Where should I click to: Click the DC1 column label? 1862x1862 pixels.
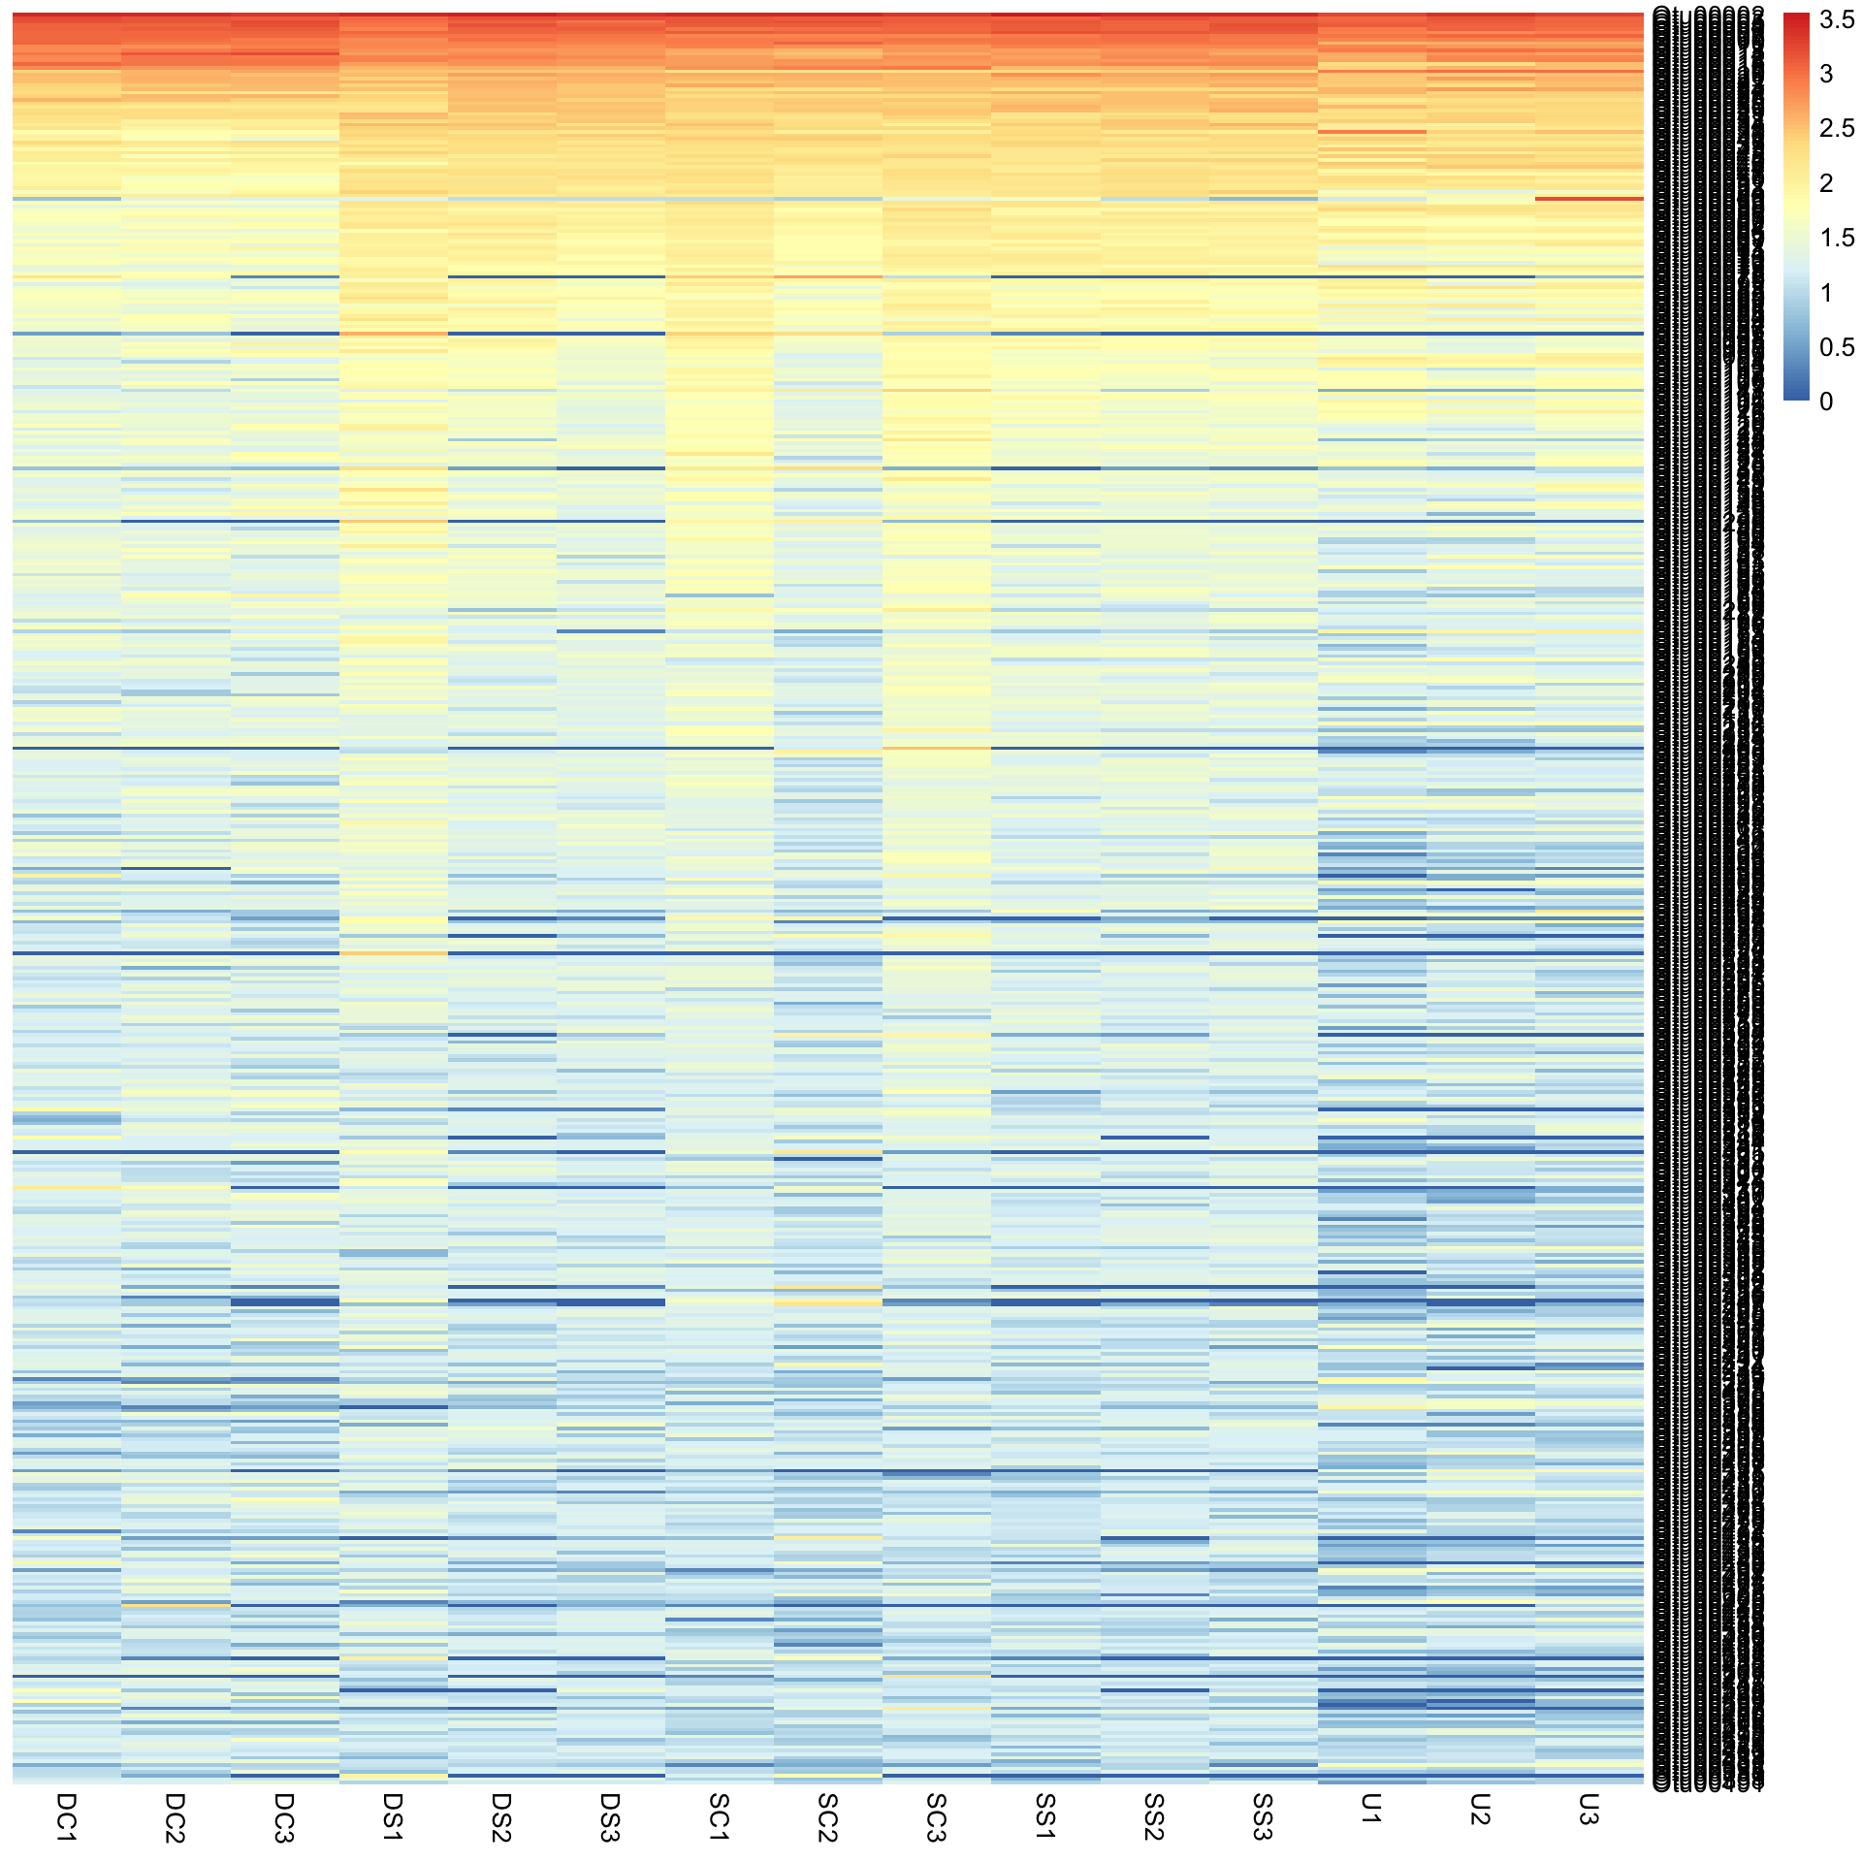click(66, 1816)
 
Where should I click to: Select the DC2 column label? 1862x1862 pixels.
click(175, 1816)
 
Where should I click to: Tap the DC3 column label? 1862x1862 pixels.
click(283, 1816)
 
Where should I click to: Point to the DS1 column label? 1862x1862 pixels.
click(392, 1816)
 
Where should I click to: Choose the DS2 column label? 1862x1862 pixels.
click(500, 1816)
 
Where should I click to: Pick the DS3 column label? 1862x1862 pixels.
click(609, 1816)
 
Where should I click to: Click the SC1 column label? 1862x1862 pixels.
click(719, 1816)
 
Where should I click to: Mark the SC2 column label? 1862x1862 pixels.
click(827, 1816)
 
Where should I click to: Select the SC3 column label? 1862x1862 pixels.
click(936, 1816)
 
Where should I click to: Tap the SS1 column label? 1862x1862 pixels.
click(1044, 1816)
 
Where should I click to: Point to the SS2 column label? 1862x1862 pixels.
click(1153, 1816)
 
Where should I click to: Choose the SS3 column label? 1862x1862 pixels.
click(1262, 1816)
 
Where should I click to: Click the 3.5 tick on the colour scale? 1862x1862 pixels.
click(1837, 19)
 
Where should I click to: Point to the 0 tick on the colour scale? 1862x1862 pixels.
click(1826, 401)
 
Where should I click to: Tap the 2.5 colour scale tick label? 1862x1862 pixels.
click(1837, 128)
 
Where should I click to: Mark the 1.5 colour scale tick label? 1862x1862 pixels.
click(1837, 238)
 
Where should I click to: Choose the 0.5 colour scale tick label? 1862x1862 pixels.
click(1837, 347)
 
